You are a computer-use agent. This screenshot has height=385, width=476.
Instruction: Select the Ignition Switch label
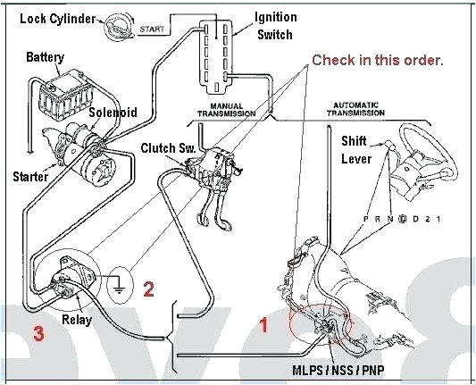(276, 26)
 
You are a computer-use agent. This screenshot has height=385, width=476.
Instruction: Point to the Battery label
(45, 57)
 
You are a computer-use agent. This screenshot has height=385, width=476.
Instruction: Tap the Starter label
(29, 176)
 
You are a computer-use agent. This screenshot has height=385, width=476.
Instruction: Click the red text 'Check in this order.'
(377, 60)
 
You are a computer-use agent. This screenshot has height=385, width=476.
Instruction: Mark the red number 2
(149, 289)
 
